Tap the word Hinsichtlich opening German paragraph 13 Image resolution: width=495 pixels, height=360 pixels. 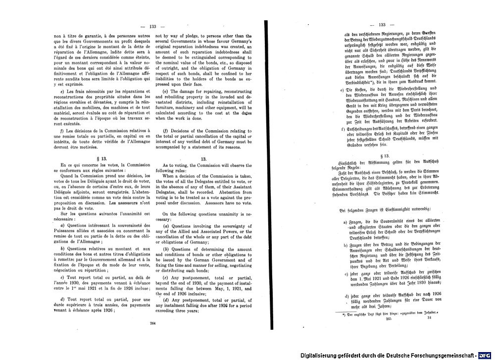[x=348, y=162]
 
